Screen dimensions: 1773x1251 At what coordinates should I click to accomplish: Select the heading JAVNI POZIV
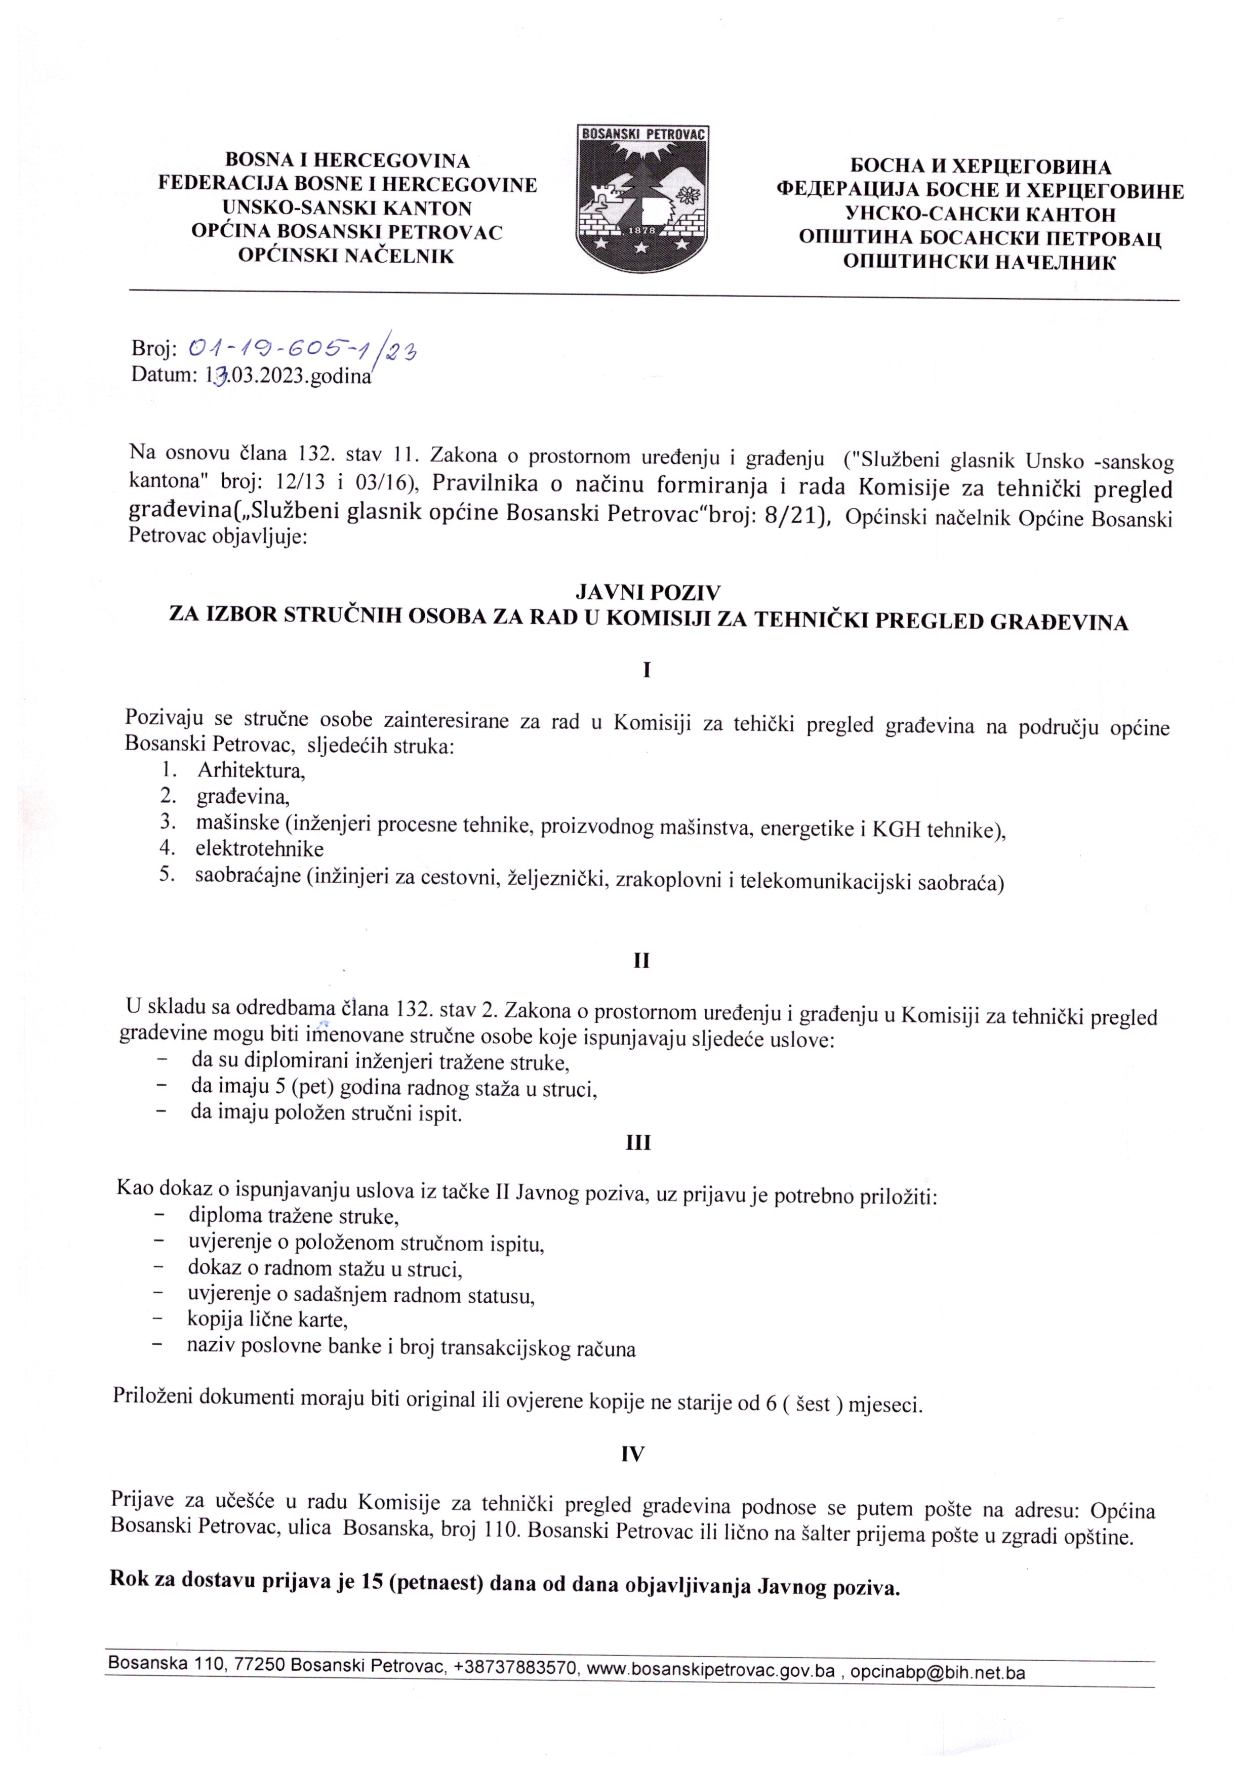click(x=647, y=592)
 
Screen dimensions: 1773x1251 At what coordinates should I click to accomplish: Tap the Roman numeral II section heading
click(x=641, y=961)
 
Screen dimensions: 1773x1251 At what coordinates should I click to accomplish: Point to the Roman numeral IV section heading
click(x=632, y=1454)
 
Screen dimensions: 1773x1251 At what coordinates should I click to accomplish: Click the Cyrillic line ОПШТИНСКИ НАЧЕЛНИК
click(x=979, y=263)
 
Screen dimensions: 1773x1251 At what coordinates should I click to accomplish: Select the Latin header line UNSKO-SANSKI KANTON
click(x=347, y=209)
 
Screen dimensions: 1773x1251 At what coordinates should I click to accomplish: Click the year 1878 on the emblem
click(x=642, y=231)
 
